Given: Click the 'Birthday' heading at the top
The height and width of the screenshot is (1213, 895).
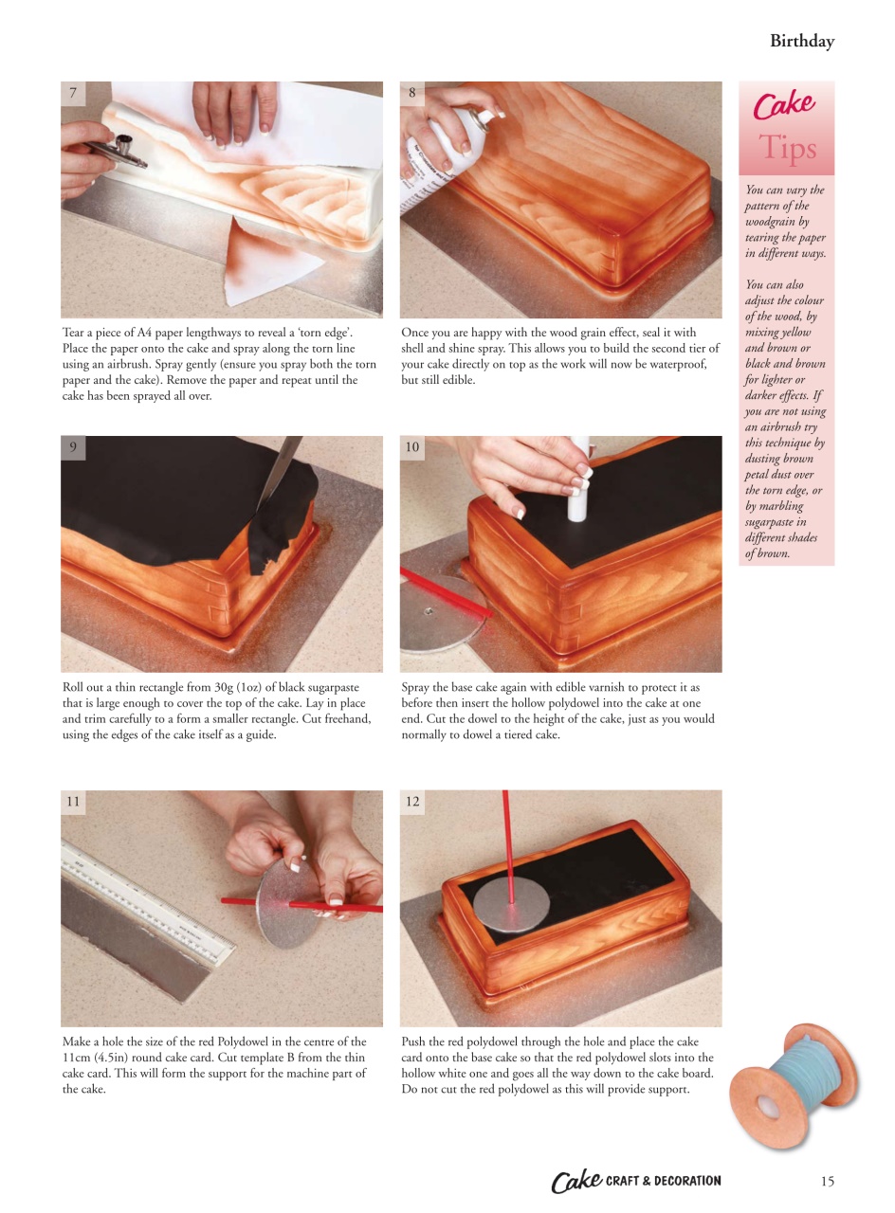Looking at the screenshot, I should [x=801, y=41].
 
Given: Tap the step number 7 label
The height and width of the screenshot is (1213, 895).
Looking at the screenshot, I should [x=73, y=93].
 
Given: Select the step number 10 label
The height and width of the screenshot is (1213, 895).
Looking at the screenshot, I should [x=411, y=447].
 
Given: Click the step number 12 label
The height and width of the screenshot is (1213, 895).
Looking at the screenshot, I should [x=411, y=802].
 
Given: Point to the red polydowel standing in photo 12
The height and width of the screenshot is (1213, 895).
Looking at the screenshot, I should [x=508, y=843].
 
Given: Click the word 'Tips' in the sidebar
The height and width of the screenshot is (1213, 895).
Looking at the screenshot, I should [x=787, y=149].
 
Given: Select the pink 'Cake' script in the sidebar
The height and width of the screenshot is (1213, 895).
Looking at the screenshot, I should [x=784, y=104].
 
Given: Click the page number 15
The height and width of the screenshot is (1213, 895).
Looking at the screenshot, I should [x=827, y=1181].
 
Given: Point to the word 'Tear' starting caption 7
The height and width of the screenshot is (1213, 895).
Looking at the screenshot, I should [x=74, y=333].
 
